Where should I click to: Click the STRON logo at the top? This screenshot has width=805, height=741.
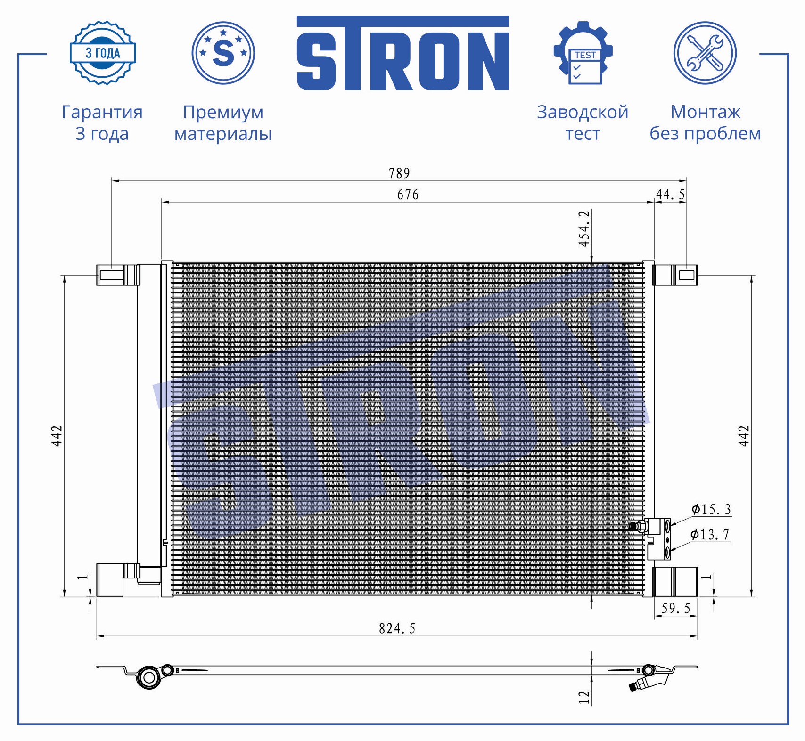(x=402, y=53)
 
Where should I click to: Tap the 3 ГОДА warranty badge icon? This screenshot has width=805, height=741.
(x=103, y=53)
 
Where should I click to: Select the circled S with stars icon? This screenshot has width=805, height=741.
(x=223, y=53)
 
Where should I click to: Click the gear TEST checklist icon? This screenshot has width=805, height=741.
(x=583, y=53)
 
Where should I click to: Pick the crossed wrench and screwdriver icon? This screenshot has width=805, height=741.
(x=705, y=53)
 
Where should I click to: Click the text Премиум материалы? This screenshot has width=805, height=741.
(x=223, y=123)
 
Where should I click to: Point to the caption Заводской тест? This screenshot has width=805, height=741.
(x=583, y=123)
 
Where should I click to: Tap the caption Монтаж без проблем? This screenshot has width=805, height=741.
(x=705, y=123)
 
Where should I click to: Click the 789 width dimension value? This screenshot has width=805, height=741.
(x=399, y=173)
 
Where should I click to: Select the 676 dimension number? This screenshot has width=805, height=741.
(x=408, y=195)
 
